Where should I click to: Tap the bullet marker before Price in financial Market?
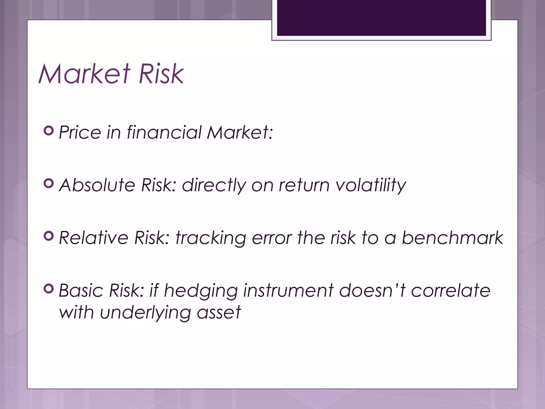[x=49, y=131]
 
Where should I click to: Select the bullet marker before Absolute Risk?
[x=49, y=183]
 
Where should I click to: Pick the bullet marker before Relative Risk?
[x=49, y=236]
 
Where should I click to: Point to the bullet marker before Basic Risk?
[x=49, y=289]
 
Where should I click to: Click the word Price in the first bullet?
[x=80, y=132]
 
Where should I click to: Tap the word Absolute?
[x=97, y=185]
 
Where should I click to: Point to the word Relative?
[x=93, y=238]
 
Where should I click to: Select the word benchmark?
[x=452, y=238]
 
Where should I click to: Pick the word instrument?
[x=288, y=290]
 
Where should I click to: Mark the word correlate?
[x=450, y=290]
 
